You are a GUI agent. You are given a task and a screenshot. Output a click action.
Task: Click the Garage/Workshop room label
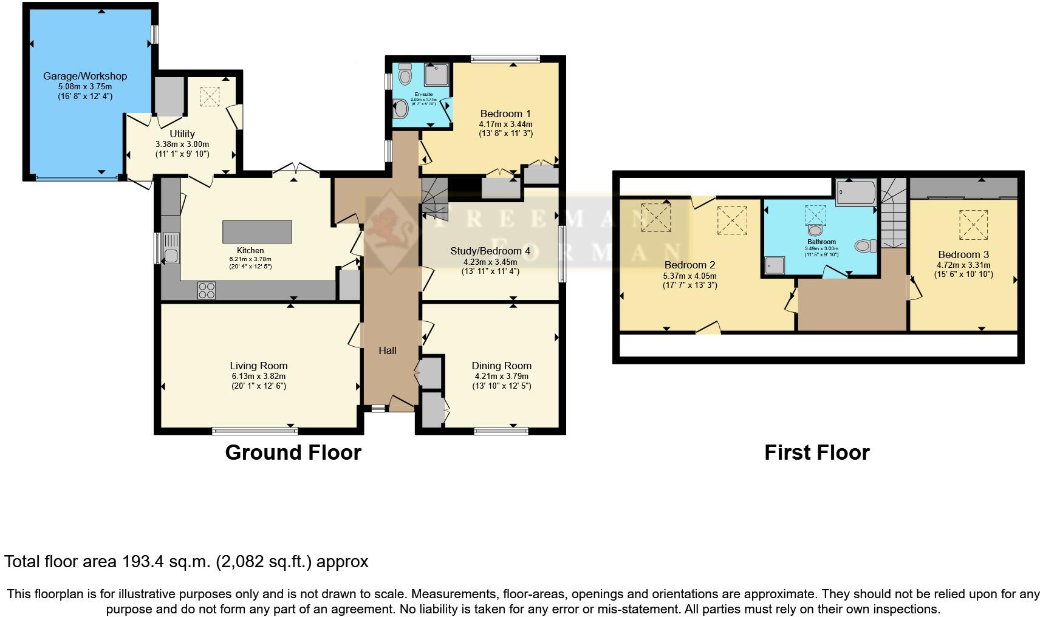tap(85, 76)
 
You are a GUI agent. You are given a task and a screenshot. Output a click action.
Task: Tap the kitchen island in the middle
tap(257, 232)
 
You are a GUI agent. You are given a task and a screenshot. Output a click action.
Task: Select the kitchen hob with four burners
tap(207, 291)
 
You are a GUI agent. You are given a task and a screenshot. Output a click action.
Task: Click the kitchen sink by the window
tap(171, 248)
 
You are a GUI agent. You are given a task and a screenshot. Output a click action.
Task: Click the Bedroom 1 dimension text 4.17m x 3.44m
tap(505, 124)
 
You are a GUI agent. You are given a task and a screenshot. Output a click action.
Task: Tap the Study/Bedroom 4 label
tap(486, 251)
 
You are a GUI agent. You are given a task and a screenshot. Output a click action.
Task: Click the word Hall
tap(388, 350)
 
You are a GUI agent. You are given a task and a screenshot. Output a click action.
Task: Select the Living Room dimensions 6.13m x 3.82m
tap(258, 376)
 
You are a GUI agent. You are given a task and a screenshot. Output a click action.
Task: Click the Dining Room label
tap(501, 366)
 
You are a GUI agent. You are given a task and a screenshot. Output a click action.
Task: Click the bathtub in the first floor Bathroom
tap(855, 193)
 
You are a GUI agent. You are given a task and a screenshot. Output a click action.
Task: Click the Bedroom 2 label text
tap(689, 265)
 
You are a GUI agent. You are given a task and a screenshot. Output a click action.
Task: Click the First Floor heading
tap(816, 452)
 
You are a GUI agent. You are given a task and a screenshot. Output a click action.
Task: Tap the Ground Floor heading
tap(293, 452)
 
